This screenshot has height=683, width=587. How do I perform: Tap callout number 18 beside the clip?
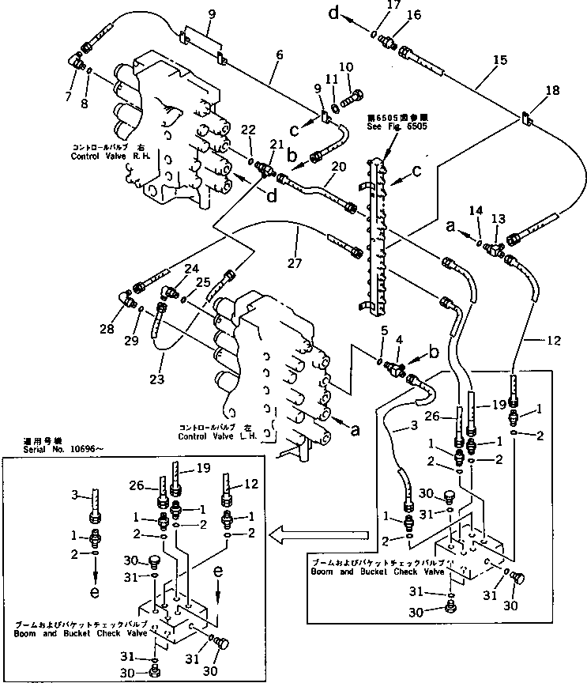[551, 91]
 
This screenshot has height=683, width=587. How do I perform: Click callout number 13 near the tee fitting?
[498, 218]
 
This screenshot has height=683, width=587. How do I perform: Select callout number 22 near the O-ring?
[248, 129]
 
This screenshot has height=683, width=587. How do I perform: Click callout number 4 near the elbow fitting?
[400, 340]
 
